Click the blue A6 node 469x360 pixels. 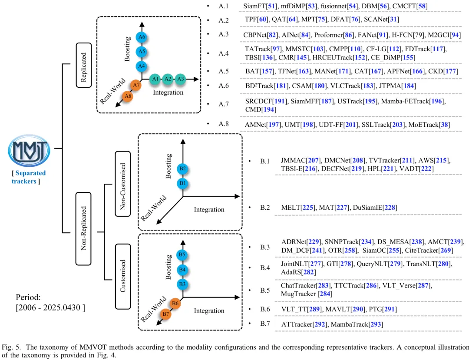141,37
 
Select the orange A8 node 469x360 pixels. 127,96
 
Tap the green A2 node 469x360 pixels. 168,79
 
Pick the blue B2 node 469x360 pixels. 183,168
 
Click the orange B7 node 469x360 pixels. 165,314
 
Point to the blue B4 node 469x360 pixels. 183,270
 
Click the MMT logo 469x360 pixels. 29,150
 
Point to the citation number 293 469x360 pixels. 376,324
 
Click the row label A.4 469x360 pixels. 224,54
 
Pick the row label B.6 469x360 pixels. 265,309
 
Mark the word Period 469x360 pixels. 28,297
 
